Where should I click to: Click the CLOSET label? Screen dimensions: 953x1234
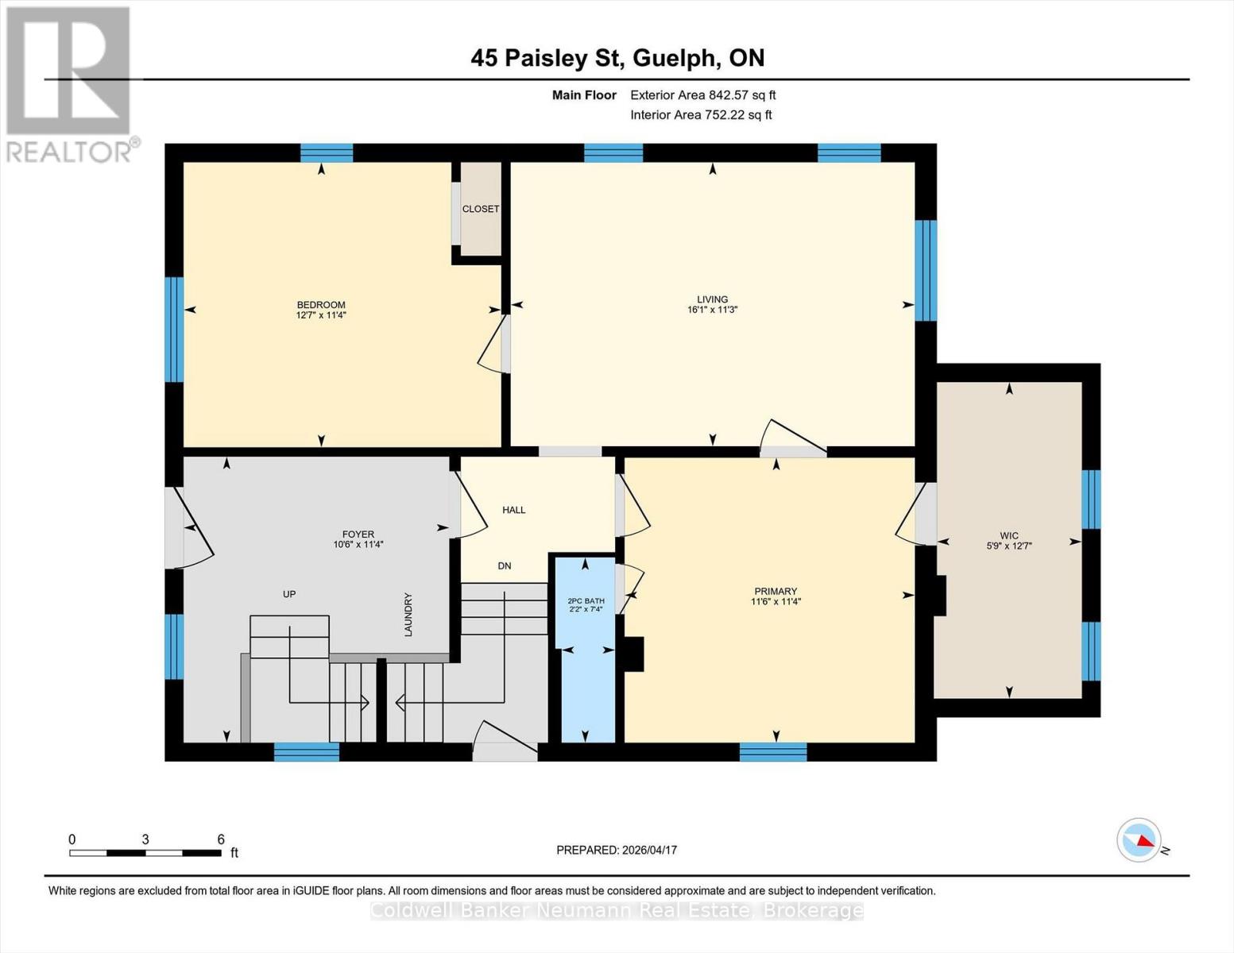(481, 209)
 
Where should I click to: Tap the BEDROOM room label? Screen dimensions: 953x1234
(321, 305)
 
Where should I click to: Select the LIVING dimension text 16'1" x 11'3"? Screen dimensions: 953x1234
(712, 310)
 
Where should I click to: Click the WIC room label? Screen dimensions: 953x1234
(1009, 536)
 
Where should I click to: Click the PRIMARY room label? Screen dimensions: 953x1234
(776, 592)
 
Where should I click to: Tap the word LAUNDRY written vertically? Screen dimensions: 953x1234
(408, 614)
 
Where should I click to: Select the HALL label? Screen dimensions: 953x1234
(514, 510)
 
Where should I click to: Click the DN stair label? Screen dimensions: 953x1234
(505, 566)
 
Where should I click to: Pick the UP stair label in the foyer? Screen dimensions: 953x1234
(289, 594)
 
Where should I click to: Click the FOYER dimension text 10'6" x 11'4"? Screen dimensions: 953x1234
(358, 545)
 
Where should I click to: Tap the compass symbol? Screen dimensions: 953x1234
(1139, 839)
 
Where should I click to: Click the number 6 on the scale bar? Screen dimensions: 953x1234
(221, 839)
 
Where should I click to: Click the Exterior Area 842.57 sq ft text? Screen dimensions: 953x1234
(702, 95)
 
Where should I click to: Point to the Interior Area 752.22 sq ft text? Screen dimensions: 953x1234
(701, 115)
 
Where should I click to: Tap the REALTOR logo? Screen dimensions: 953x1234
(70, 83)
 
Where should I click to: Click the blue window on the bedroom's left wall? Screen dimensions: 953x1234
(174, 329)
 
